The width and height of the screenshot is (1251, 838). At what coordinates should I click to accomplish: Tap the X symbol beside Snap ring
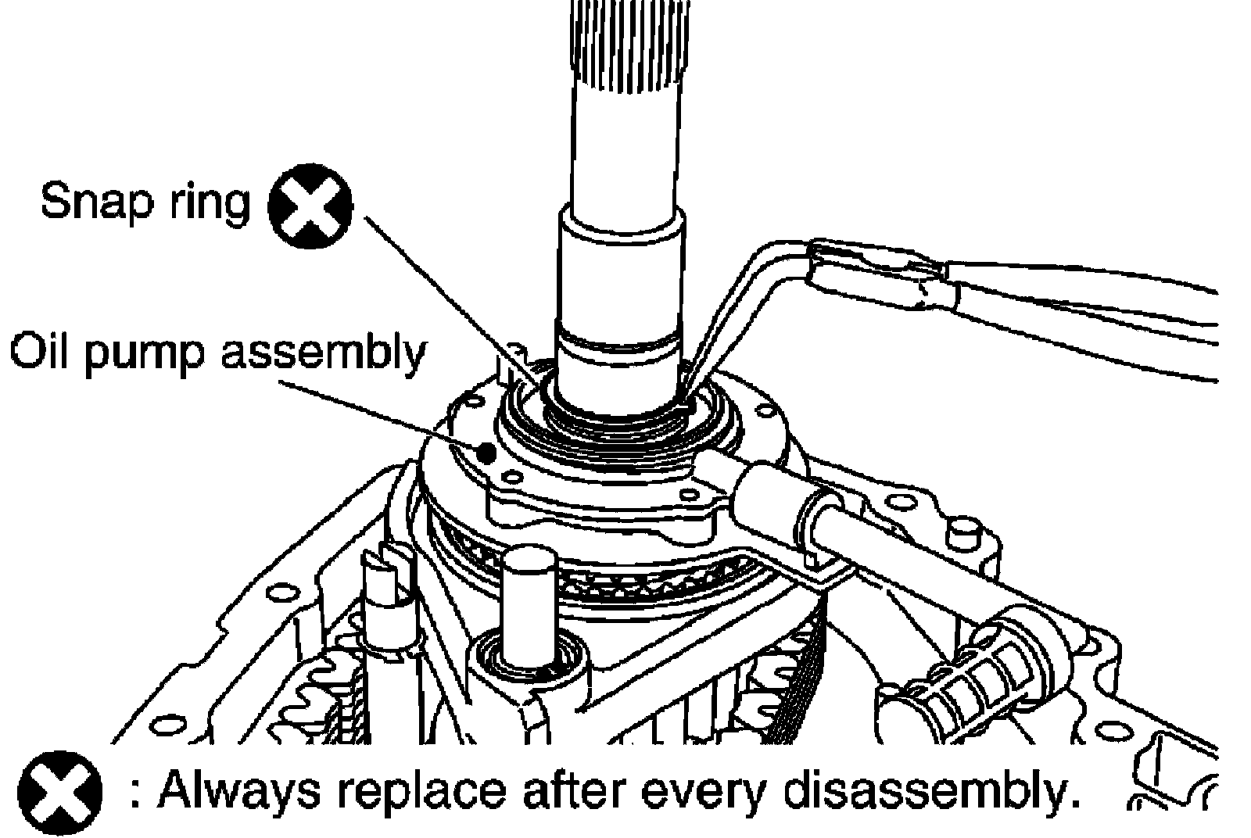310,207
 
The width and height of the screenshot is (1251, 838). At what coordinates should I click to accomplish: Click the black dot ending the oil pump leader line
487,451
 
